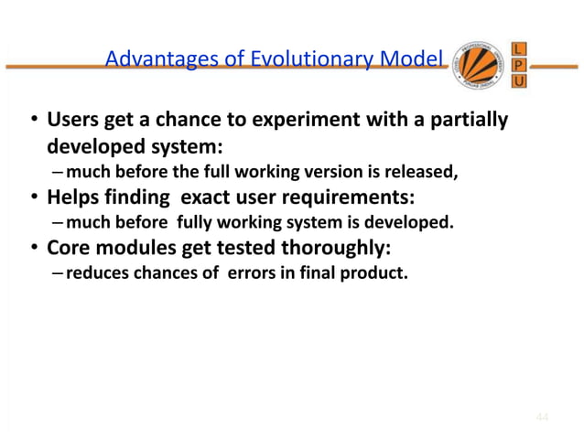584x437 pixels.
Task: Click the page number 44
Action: (x=543, y=418)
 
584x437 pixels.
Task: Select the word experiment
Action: (x=291, y=123)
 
